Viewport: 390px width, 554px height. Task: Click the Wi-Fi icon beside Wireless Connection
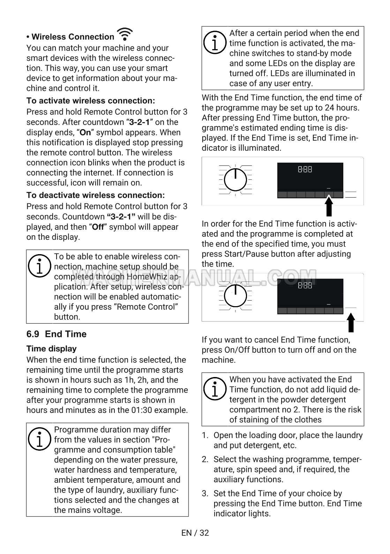click(x=125, y=35)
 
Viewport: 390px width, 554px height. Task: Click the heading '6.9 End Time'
click(x=57, y=334)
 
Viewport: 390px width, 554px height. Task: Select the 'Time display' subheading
click(x=52, y=349)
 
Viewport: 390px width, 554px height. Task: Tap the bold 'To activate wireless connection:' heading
click(x=91, y=101)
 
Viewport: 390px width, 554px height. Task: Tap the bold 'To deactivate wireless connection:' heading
click(x=96, y=195)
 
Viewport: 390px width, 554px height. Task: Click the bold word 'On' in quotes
click(x=85, y=133)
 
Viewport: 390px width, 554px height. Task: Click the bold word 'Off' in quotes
click(x=98, y=227)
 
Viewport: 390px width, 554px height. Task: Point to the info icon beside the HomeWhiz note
click(x=39, y=266)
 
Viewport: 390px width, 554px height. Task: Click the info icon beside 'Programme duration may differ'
click(x=39, y=439)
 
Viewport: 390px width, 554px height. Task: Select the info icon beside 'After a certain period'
click(x=215, y=43)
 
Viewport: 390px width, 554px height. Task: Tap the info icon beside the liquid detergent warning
click(x=215, y=389)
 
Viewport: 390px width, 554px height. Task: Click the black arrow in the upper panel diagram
click(x=329, y=206)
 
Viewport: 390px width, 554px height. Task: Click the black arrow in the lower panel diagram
click(x=351, y=323)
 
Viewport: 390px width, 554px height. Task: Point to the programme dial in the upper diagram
click(x=235, y=180)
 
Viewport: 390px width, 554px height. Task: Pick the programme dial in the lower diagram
click(x=235, y=296)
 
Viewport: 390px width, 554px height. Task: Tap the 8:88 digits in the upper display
click(x=305, y=170)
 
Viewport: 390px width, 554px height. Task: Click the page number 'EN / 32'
click(x=195, y=533)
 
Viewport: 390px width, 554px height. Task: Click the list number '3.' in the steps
click(x=205, y=494)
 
